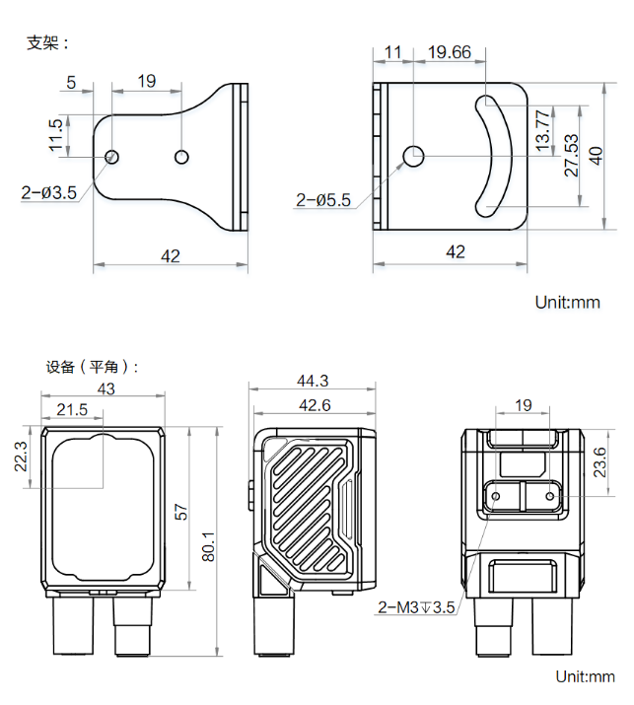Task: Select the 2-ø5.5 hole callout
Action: click(x=323, y=200)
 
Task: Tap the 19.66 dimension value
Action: click(x=449, y=53)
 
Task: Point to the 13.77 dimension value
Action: click(x=541, y=128)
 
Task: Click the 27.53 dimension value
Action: click(x=571, y=154)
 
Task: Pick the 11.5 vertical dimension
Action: click(x=56, y=137)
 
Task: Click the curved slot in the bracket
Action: click(x=496, y=155)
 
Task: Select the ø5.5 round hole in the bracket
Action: click(x=414, y=155)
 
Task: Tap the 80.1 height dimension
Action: click(x=208, y=540)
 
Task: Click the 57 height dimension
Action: click(x=181, y=512)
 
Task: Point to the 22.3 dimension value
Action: click(x=22, y=457)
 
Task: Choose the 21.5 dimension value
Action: click(x=72, y=409)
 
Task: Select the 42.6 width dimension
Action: click(x=314, y=404)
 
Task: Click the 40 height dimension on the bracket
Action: click(x=595, y=155)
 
